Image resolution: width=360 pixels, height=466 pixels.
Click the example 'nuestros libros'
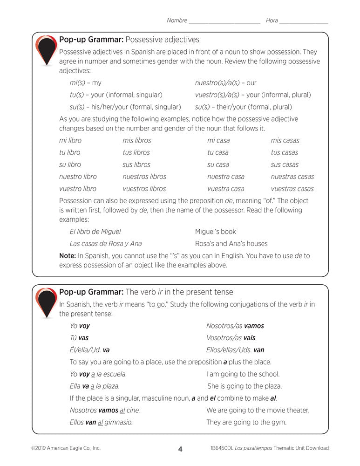pos(144,177)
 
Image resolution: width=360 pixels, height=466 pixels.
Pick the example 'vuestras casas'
pos(292,189)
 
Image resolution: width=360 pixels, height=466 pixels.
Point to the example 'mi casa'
pos(218,140)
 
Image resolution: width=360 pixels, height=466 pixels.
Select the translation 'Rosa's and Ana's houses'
pos(231,244)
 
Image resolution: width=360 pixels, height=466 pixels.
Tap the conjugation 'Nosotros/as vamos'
pos(235,326)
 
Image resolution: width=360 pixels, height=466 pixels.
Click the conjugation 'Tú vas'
pos(79,338)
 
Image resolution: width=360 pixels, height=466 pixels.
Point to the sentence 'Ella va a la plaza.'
pos(95,386)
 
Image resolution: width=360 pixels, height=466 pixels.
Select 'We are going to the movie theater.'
pos(258,411)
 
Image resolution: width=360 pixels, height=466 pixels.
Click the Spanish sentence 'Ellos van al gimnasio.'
pos(101,423)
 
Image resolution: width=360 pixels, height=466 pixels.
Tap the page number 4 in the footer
pos(180,449)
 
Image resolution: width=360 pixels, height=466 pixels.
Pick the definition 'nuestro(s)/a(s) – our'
pos(225,83)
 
